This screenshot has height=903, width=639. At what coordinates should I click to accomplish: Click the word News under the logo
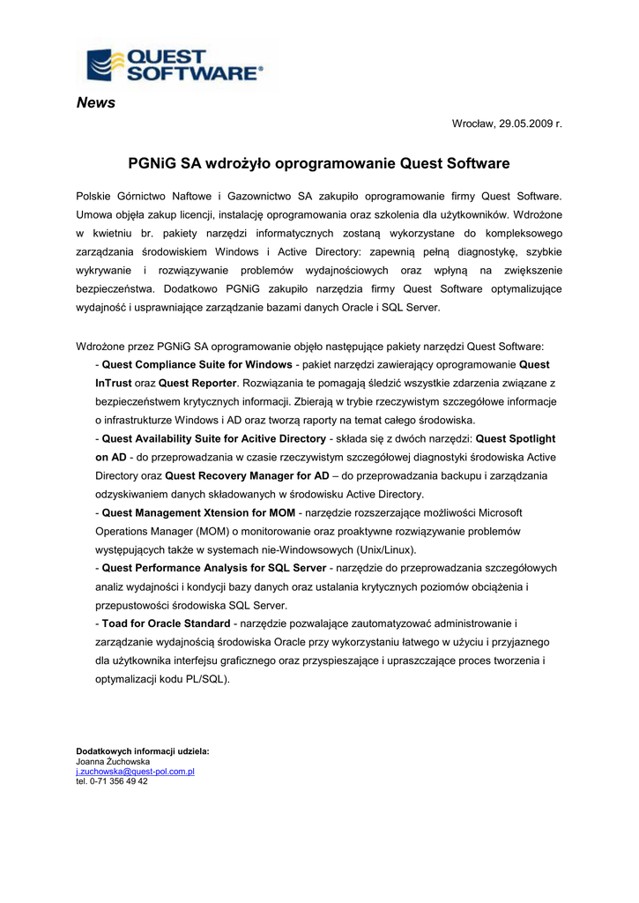[96, 103]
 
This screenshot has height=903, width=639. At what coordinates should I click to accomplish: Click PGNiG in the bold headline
[152, 163]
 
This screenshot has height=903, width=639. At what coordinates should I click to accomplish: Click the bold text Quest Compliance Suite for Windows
[197, 364]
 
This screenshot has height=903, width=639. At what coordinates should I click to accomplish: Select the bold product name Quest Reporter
[197, 383]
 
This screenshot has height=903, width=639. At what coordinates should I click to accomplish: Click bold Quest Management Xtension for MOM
[198, 512]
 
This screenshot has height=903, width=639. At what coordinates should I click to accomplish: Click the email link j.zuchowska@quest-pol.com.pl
[135, 771]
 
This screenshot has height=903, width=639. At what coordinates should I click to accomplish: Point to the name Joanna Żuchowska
[113, 761]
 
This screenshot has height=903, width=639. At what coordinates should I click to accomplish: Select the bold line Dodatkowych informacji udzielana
[143, 751]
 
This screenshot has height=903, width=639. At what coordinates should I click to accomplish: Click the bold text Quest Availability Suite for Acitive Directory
[214, 438]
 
